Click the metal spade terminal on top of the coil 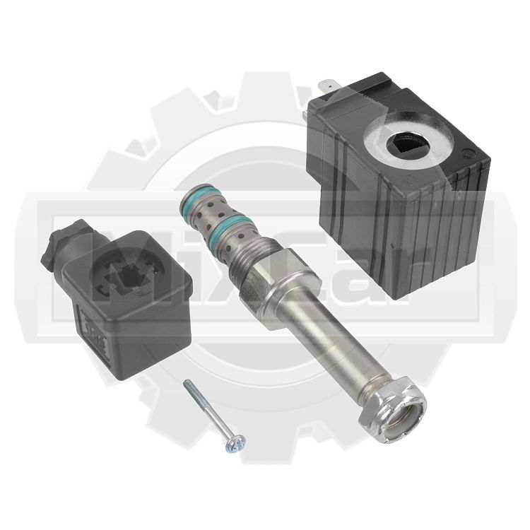327,86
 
